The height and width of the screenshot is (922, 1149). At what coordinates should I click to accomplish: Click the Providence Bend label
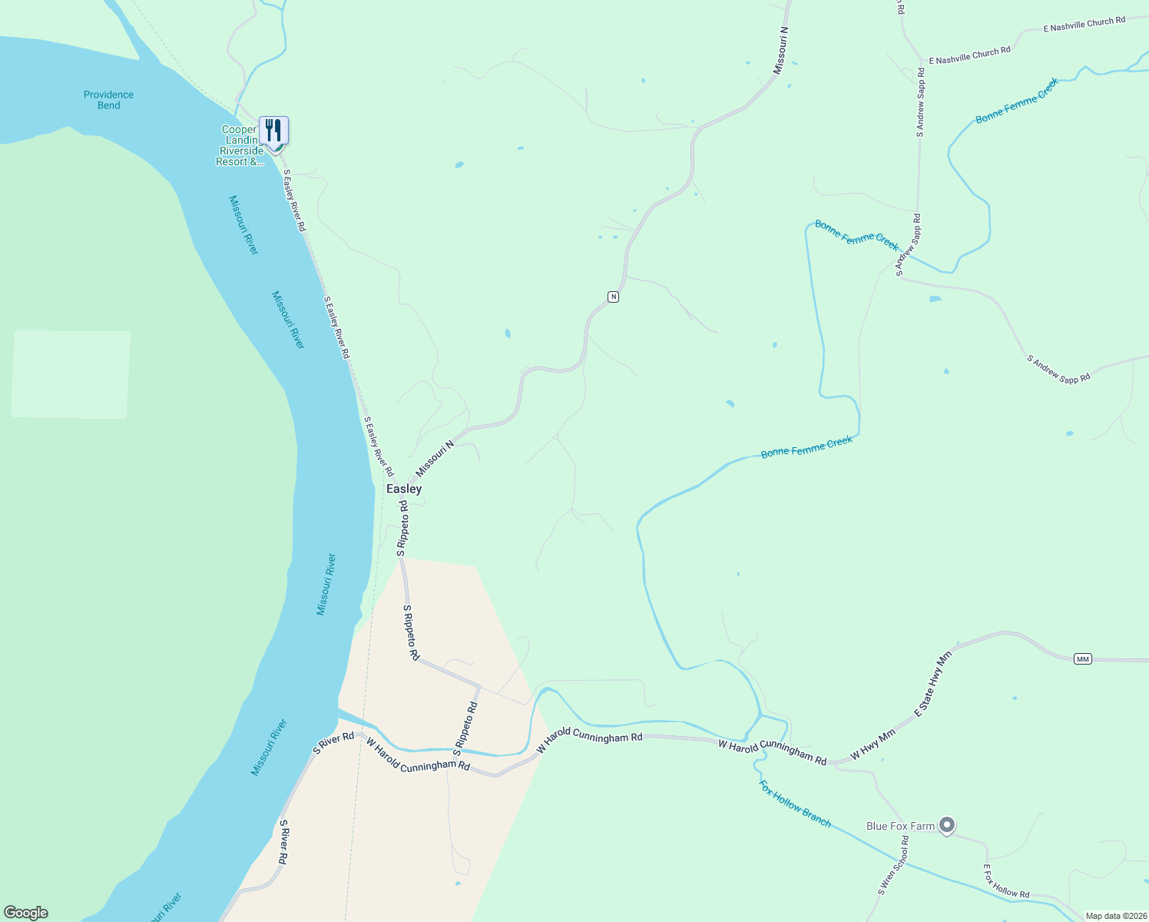pyautogui.click(x=108, y=100)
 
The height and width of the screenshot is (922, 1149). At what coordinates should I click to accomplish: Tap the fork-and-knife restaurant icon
pyautogui.click(x=273, y=130)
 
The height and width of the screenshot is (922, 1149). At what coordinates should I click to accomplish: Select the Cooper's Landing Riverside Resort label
pyautogui.click(x=240, y=146)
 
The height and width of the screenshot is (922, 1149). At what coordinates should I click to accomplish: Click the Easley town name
pyautogui.click(x=403, y=489)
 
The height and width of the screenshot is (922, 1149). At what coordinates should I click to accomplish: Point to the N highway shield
pyautogui.click(x=613, y=297)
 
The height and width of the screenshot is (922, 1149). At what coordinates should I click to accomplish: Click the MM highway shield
pyautogui.click(x=1082, y=659)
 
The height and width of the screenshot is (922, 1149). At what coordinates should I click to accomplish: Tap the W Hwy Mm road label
pyautogui.click(x=873, y=745)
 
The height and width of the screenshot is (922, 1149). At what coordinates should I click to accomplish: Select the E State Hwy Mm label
pyautogui.click(x=932, y=684)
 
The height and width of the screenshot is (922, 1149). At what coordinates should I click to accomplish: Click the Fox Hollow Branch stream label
pyautogui.click(x=795, y=804)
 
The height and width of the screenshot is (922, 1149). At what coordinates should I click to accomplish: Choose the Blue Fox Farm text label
pyautogui.click(x=900, y=827)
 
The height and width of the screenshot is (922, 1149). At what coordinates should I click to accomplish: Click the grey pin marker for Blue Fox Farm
pyautogui.click(x=947, y=825)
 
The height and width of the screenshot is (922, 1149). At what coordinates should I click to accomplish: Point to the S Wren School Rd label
pyautogui.click(x=893, y=866)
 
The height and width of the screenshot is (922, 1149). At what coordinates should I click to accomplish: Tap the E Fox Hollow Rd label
pyautogui.click(x=1006, y=881)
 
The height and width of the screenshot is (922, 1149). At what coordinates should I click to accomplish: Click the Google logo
pyautogui.click(x=26, y=913)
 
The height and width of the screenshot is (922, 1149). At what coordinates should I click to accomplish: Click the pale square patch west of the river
pyautogui.click(x=71, y=374)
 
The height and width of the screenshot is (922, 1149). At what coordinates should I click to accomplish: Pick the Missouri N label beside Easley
pyautogui.click(x=435, y=458)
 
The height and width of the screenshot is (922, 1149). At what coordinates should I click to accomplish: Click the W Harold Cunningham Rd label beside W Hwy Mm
pyautogui.click(x=772, y=751)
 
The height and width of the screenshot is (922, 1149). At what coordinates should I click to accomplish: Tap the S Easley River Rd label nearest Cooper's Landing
pyautogui.click(x=294, y=201)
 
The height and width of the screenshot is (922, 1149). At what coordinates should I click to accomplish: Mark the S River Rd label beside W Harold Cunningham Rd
pyautogui.click(x=333, y=741)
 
